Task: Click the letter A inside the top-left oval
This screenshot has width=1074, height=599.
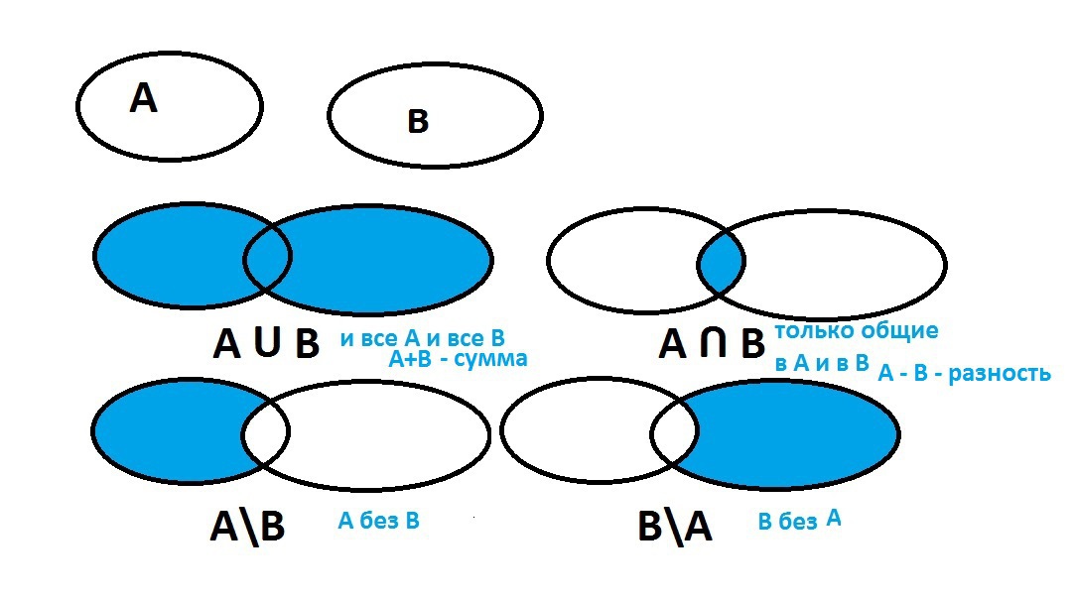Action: tap(143, 97)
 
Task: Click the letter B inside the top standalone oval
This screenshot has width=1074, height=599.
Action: tap(418, 121)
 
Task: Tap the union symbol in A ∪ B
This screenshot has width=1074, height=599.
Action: tap(267, 341)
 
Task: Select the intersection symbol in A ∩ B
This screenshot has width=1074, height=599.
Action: tap(713, 342)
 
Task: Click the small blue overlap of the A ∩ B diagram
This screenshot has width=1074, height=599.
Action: tap(722, 262)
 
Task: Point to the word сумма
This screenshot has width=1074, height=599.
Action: tap(490, 359)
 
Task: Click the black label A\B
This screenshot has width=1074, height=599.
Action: tap(246, 527)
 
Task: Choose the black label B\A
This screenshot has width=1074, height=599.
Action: tap(675, 527)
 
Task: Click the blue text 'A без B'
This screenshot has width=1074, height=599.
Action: tap(379, 521)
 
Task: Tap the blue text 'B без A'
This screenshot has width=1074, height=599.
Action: tap(799, 521)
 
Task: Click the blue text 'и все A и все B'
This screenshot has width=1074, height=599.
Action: tap(423, 338)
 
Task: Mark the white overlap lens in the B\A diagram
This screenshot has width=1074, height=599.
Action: tap(674, 433)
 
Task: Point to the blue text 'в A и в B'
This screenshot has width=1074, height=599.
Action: tap(822, 363)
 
